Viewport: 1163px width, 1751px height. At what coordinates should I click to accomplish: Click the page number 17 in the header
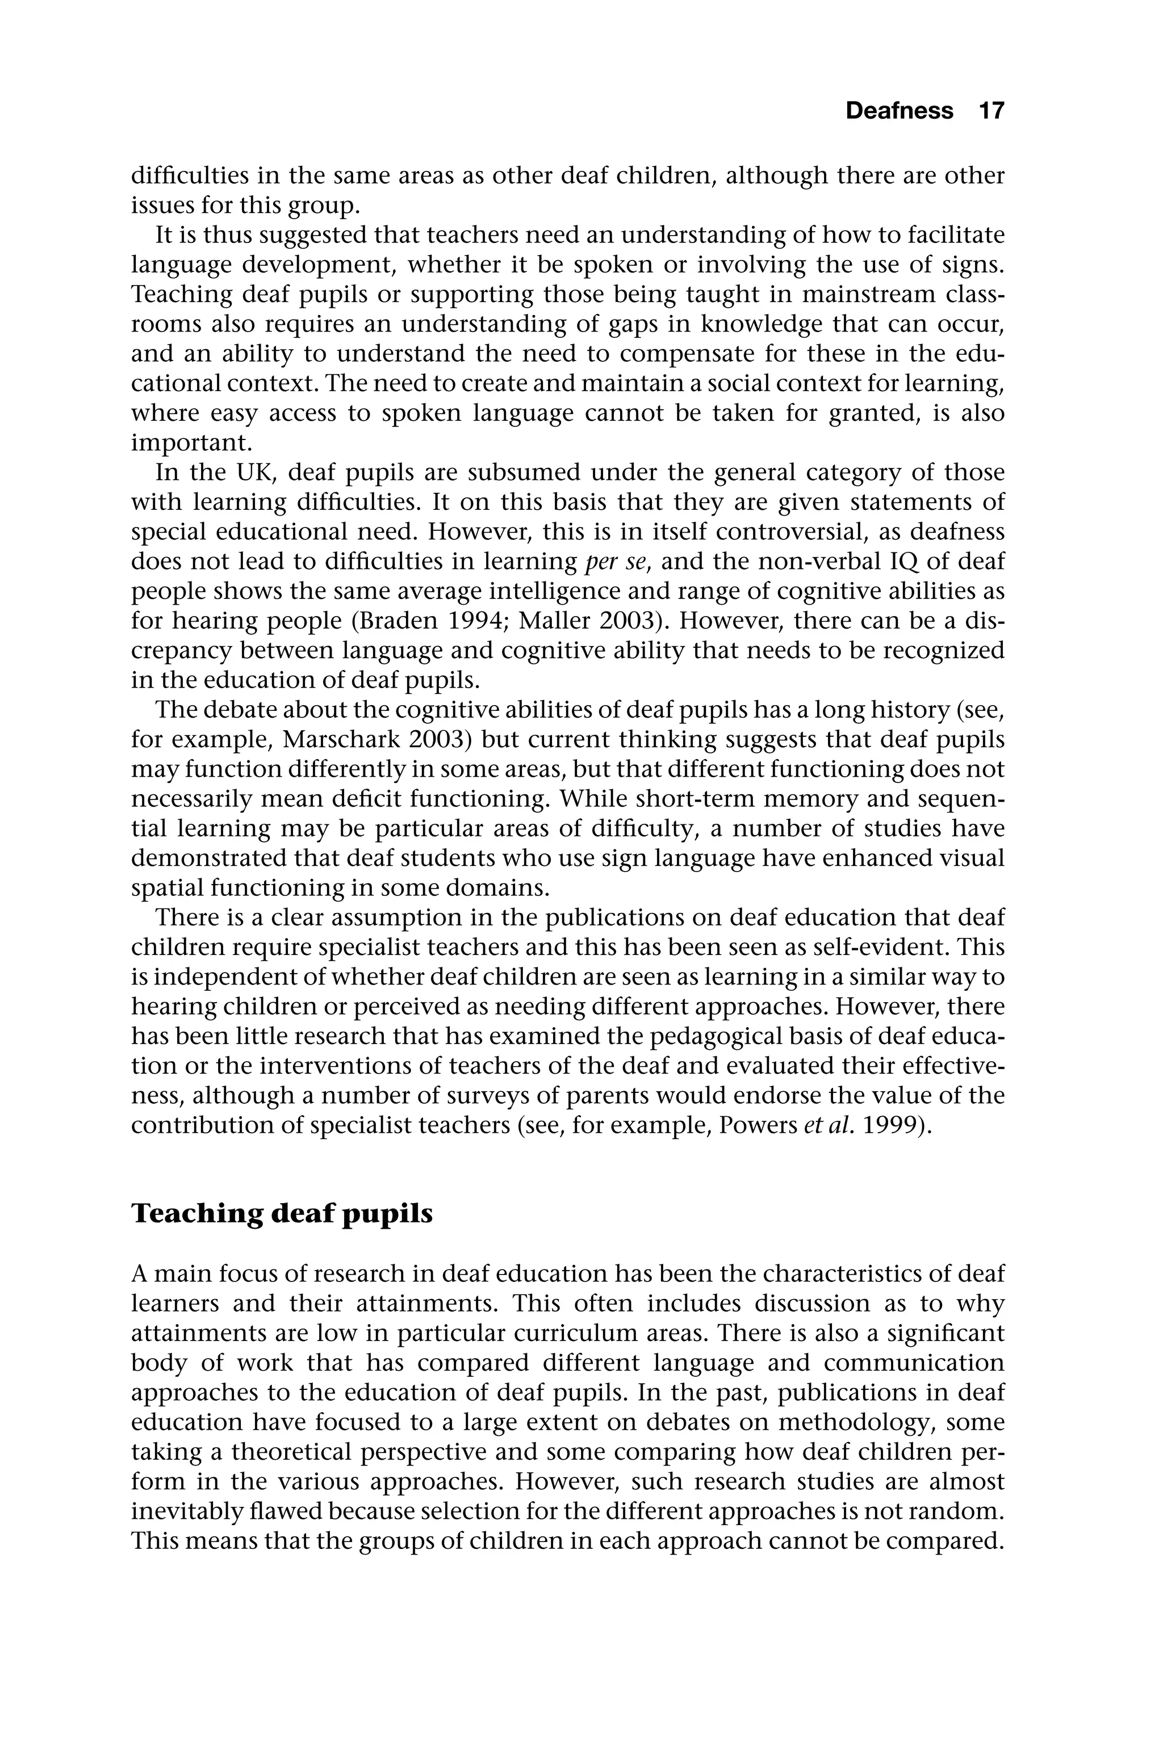pos(991,111)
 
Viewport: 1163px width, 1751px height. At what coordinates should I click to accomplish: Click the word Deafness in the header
pos(899,111)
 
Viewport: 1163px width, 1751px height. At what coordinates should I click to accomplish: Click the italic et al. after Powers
pos(823,1126)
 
